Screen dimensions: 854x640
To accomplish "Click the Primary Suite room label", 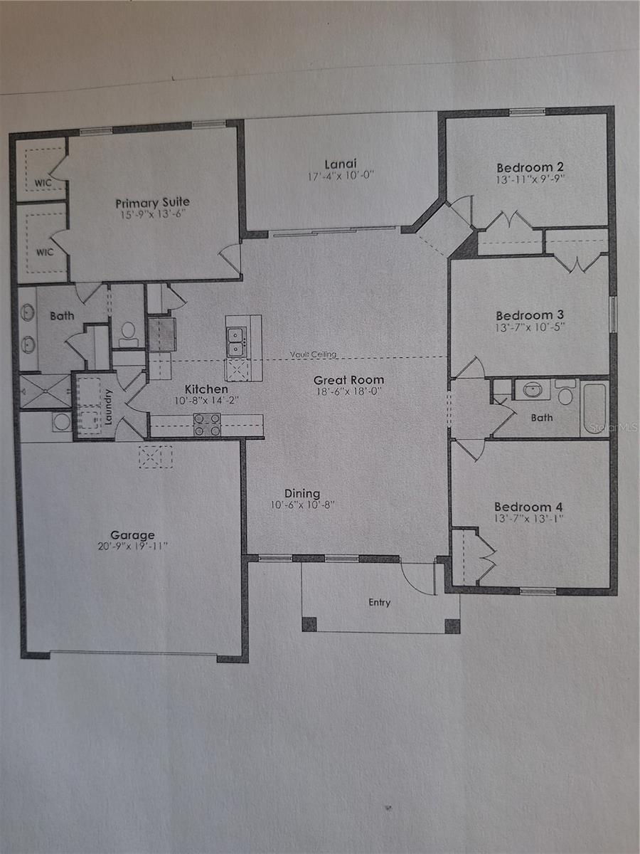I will point(153,203).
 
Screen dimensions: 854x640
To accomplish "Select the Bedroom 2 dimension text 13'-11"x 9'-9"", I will point(530,180).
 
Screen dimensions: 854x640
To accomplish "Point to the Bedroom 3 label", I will point(524,315).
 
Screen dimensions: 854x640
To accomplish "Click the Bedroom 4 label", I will point(528,507).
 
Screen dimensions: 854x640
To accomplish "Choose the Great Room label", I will point(348,380).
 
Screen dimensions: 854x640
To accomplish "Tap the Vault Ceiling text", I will point(313,354).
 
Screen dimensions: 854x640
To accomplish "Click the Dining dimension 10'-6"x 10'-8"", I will point(302,505).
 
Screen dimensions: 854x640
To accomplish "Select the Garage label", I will point(132,535).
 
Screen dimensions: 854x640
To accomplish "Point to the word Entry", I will point(379,603).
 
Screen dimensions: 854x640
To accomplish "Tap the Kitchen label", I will point(206,389).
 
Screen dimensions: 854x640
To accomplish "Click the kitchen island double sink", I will point(237,340).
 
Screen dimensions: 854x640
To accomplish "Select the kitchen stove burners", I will point(207,425).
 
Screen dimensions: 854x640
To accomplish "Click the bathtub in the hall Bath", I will point(594,408).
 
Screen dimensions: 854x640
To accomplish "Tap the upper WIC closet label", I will point(43,183).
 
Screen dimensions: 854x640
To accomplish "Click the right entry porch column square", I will point(452,626).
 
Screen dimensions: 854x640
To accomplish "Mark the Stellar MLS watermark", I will point(620,428).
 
